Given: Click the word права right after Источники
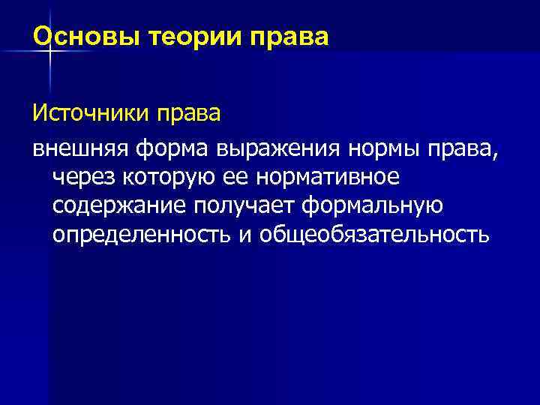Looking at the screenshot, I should (x=187, y=116).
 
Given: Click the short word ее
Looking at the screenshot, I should (x=237, y=178).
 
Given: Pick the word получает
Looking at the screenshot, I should (x=247, y=206).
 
